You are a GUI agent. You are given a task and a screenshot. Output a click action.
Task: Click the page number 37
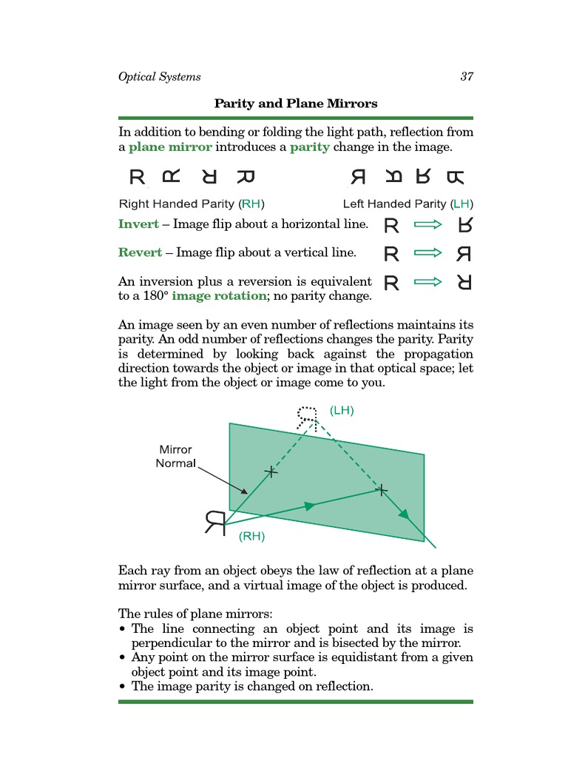466,77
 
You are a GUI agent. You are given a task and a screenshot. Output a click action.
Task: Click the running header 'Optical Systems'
159,77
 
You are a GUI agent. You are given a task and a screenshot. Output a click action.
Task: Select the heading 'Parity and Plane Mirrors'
296,103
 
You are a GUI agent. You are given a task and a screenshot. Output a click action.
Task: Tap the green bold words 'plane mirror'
170,147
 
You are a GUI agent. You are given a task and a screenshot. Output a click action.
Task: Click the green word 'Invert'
138,224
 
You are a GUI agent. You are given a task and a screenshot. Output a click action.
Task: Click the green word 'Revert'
140,252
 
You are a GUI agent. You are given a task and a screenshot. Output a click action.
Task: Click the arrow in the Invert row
428,224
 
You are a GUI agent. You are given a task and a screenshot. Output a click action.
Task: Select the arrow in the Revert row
428,253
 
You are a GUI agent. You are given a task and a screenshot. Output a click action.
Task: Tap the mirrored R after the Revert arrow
464,254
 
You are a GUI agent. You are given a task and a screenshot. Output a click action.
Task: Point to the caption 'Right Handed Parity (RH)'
192,204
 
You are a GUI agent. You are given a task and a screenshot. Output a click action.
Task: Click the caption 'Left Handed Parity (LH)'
408,204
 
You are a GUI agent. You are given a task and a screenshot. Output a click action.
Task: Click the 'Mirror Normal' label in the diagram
175,457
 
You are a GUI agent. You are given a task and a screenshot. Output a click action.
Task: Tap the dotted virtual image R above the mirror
307,417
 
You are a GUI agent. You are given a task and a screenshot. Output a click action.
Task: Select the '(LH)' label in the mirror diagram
342,410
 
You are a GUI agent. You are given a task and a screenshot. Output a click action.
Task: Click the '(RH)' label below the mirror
251,537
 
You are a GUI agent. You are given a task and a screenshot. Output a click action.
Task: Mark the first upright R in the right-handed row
137,178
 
